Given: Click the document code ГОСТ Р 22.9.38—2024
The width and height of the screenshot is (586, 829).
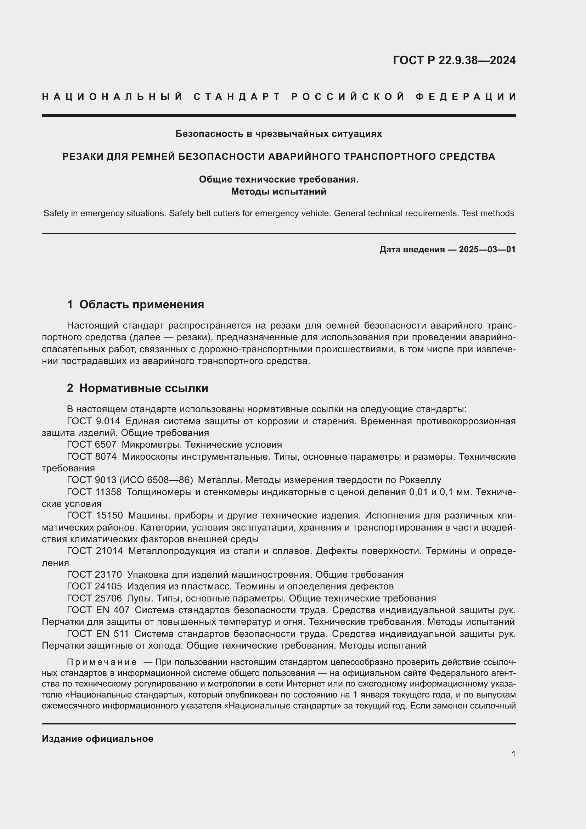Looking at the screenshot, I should [x=454, y=60].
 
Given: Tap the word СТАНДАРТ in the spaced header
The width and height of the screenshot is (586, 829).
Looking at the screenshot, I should [x=237, y=97].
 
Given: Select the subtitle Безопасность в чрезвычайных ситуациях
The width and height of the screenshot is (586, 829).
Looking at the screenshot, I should [x=278, y=134].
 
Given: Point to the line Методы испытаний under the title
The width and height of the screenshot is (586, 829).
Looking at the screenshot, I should [x=278, y=191].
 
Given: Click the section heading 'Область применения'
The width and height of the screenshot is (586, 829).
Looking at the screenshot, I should [x=141, y=304].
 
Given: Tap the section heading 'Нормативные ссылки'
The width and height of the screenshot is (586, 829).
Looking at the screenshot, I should [x=143, y=388].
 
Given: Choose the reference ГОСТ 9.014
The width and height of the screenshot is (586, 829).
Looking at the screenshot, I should [x=94, y=421].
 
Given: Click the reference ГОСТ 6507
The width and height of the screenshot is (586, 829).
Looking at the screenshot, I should [x=92, y=444].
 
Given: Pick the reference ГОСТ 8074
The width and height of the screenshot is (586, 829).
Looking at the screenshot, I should [x=92, y=456].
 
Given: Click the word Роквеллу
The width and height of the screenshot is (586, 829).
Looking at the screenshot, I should [x=420, y=480].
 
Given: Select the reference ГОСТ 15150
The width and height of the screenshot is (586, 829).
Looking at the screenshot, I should [x=95, y=515].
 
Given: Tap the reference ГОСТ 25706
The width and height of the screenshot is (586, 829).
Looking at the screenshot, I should [x=94, y=598].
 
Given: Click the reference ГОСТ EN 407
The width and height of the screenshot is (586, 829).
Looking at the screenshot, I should [x=98, y=610].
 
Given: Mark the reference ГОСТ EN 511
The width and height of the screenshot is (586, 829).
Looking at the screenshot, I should [x=98, y=634].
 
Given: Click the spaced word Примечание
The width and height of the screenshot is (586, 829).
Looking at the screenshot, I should [x=102, y=662].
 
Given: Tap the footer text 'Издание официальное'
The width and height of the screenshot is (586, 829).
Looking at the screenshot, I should [x=97, y=739].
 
